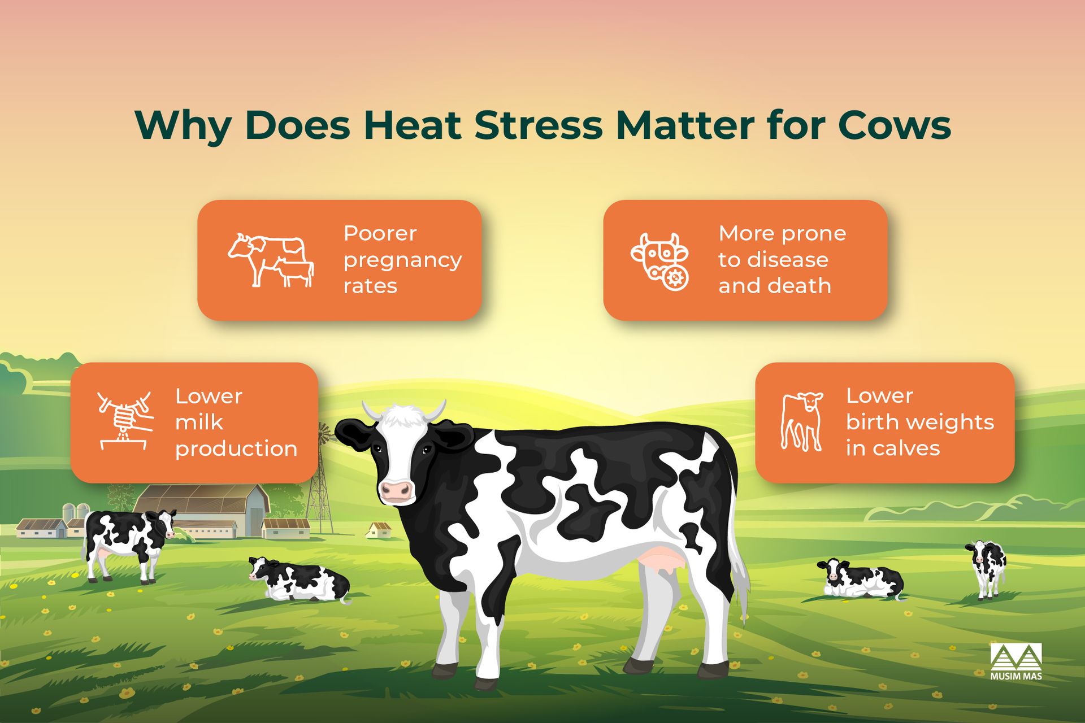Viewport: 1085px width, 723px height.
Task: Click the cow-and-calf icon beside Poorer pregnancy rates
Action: click(x=271, y=260)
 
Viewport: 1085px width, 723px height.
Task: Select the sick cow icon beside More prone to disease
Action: click(x=660, y=262)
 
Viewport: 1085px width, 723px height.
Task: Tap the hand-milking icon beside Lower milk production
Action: click(x=125, y=421)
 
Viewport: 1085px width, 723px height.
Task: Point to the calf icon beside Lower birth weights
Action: click(x=801, y=421)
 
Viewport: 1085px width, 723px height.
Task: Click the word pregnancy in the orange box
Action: click(x=402, y=260)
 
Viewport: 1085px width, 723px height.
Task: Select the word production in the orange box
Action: click(x=236, y=449)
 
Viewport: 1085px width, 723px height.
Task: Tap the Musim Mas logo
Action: click(x=1016, y=661)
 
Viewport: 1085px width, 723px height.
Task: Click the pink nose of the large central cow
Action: click(x=396, y=490)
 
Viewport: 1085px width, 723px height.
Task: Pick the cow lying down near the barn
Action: click(x=299, y=580)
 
